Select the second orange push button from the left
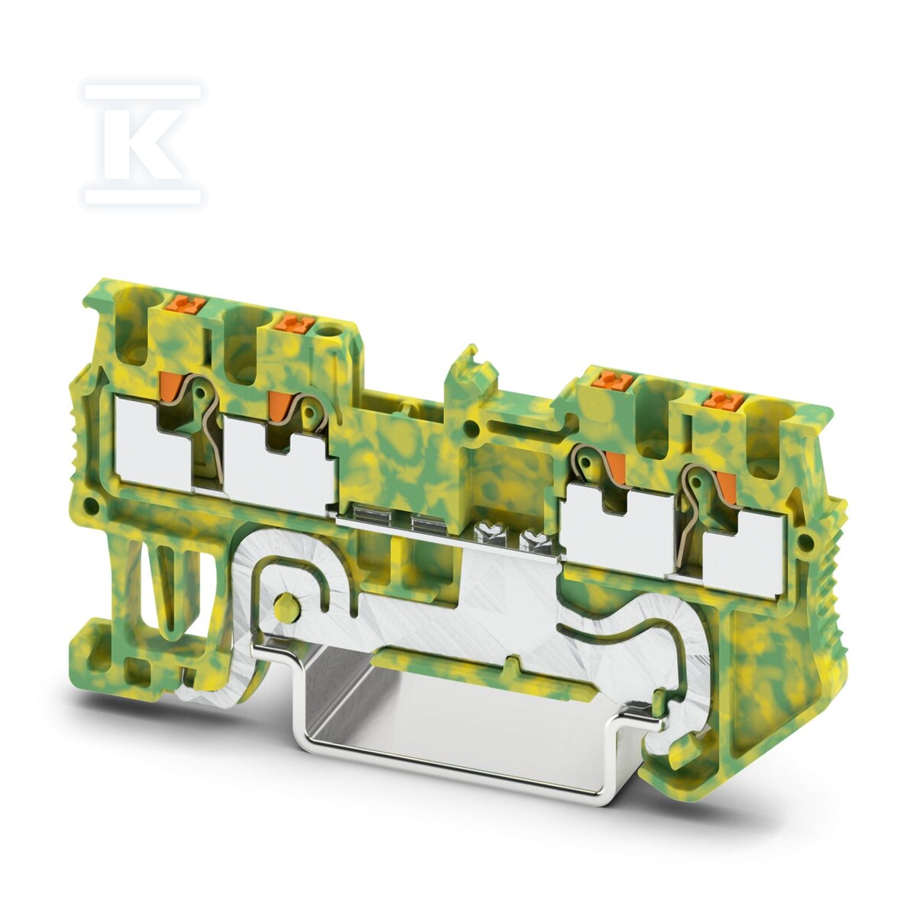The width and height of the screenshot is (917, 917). tap(292, 324)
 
